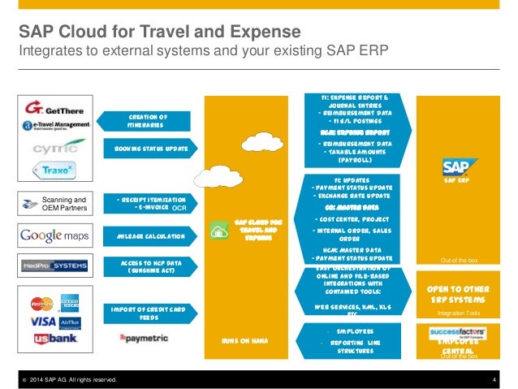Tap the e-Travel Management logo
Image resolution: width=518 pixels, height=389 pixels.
pos(56,125)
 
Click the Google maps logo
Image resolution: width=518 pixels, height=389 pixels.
pos(55,236)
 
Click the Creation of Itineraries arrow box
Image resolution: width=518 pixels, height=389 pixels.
pos(149,120)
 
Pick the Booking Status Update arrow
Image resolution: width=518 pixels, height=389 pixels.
pos(149,149)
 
